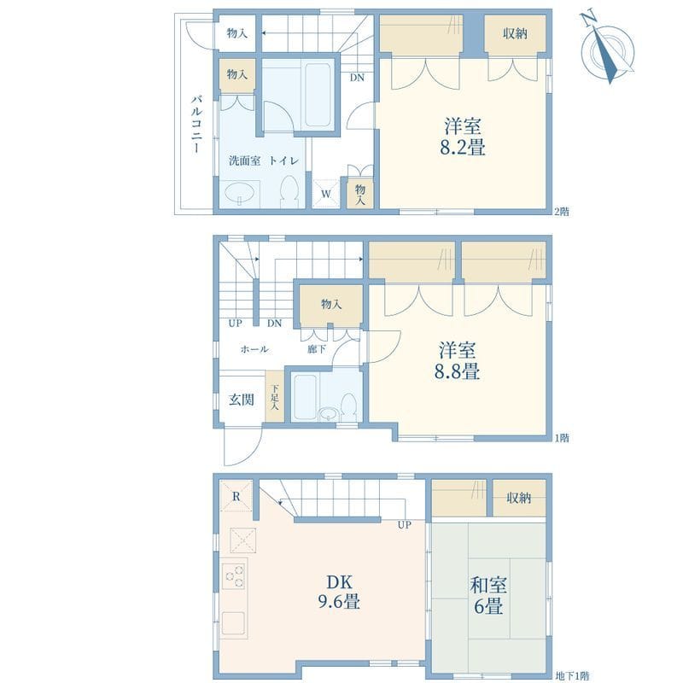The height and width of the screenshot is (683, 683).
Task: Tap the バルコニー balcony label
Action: pos(196,125)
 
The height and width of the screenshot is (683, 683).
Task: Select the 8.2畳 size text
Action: pos(463,148)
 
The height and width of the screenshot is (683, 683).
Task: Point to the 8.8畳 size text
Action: pos(458,371)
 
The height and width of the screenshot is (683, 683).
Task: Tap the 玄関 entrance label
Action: pos(240,400)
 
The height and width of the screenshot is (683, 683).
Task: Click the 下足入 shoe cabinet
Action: pos(274,396)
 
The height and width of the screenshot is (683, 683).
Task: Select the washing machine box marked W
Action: pos(326,194)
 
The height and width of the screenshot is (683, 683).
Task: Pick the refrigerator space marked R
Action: pos(236,497)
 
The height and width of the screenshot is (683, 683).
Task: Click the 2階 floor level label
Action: pos(562,211)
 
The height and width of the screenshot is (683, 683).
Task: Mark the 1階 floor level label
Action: pos(562,438)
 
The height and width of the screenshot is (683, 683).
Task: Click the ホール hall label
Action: pos(254,349)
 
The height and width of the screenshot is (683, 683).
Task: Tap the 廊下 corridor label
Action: pos(316,349)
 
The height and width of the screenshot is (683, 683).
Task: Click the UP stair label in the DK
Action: pos(405,524)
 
